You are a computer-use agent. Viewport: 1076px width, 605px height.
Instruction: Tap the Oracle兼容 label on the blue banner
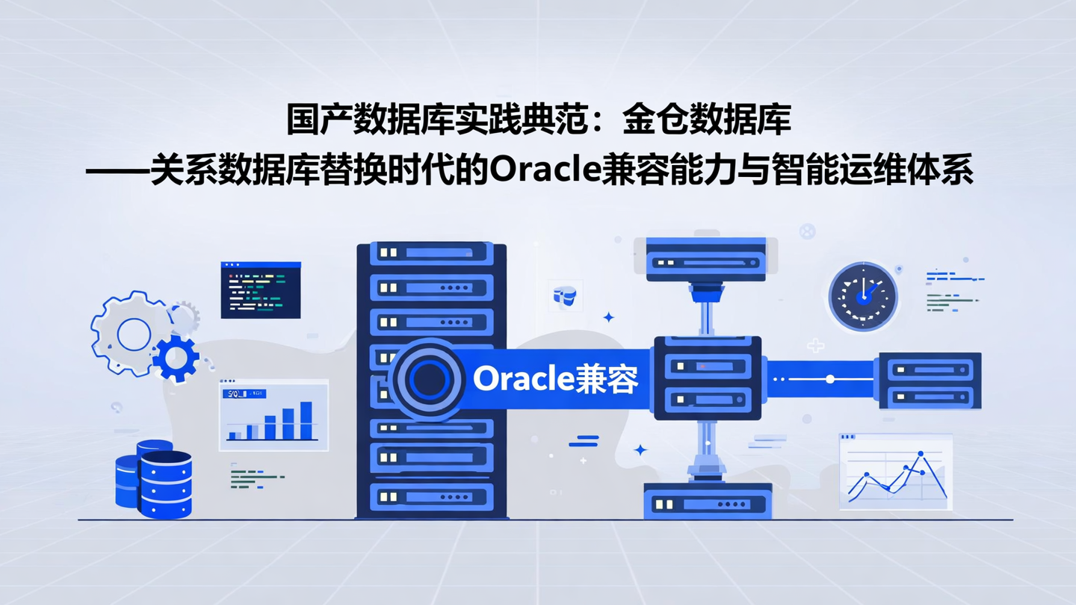click(x=556, y=379)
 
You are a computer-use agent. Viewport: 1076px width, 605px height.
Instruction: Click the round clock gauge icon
click(x=863, y=297)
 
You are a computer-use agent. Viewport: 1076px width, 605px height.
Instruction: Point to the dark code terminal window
click(x=261, y=290)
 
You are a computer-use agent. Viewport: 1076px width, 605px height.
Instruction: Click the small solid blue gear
click(x=176, y=359)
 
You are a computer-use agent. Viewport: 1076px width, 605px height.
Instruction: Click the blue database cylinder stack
click(x=155, y=479)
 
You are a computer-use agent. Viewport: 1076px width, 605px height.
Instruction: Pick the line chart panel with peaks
click(x=896, y=471)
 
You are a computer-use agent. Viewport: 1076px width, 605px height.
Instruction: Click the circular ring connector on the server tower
click(x=429, y=379)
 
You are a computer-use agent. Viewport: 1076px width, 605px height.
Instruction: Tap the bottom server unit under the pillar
click(x=707, y=501)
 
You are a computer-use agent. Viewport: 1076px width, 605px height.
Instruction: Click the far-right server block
click(x=930, y=380)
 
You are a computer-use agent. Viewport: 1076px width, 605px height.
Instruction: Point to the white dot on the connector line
click(x=829, y=379)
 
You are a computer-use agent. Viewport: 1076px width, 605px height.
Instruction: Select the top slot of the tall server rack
click(x=432, y=252)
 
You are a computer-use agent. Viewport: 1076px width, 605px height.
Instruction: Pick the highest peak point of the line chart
click(x=920, y=453)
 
